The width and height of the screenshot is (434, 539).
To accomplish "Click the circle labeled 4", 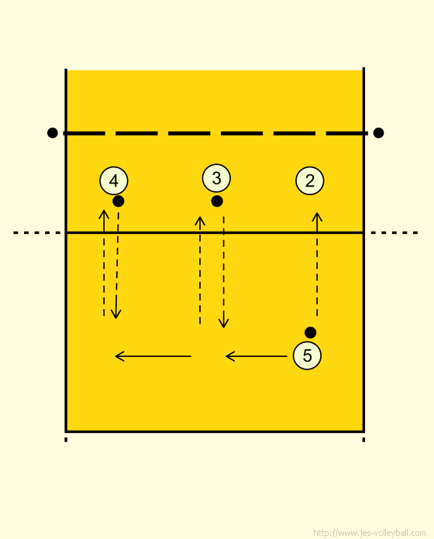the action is click(114, 180).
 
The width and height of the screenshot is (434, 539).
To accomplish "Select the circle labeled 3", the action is click(216, 178).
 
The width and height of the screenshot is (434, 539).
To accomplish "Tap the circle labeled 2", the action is click(310, 180).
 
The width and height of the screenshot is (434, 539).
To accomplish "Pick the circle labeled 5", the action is click(307, 355).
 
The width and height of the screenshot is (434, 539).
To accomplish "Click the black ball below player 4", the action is click(119, 201).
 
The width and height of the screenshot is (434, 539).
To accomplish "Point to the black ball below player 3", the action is click(217, 201).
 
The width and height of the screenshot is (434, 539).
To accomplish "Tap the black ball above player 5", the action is click(310, 332).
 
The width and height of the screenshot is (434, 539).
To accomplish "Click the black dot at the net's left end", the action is click(52, 132).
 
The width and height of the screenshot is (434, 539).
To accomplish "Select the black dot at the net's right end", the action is click(379, 132).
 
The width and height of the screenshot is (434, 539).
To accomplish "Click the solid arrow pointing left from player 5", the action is click(257, 356).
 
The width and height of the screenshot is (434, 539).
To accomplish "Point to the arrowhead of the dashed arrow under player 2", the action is click(317, 217).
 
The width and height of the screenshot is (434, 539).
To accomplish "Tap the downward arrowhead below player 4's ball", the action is click(116, 314).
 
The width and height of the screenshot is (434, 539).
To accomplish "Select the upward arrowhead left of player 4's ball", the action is click(104, 215).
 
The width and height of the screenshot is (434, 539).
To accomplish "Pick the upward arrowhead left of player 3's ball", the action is click(200, 221).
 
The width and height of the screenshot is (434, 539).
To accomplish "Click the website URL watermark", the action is click(370, 533).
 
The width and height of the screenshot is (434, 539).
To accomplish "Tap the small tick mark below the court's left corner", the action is click(66, 440).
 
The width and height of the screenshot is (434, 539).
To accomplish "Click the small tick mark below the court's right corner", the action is click(363, 440).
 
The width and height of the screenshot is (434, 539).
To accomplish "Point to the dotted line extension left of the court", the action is click(37, 233).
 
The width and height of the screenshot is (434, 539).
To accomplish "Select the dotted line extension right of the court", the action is click(394, 233).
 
